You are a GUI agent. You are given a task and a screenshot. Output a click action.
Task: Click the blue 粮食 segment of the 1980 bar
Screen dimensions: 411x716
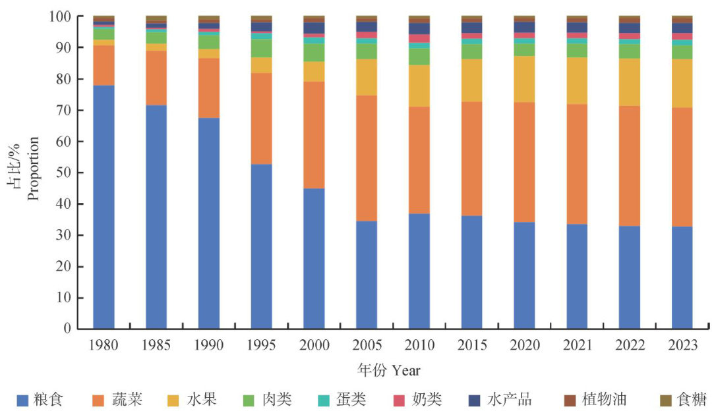(104, 207)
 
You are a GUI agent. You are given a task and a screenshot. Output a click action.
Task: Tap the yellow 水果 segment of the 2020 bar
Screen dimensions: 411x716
(524, 79)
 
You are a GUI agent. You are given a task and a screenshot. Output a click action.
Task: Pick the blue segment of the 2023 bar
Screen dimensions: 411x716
(682, 277)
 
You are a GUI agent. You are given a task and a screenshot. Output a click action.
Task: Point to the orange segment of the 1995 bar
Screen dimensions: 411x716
(261, 119)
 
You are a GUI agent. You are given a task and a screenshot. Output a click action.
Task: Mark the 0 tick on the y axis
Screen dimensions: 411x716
(69, 329)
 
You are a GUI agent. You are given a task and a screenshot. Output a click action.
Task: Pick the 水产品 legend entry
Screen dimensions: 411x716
(509, 399)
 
